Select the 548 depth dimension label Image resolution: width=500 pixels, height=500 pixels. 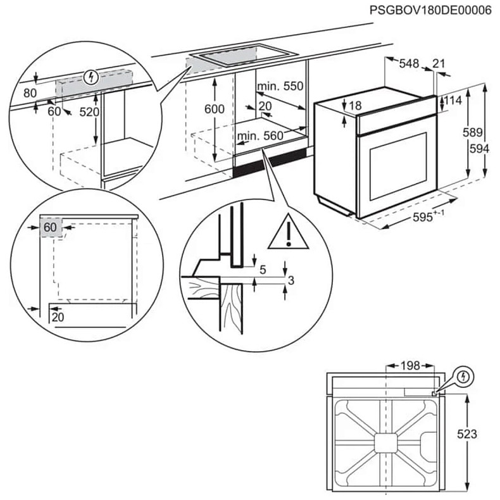[x=409, y=63]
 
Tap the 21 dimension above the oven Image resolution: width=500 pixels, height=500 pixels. [x=438, y=63]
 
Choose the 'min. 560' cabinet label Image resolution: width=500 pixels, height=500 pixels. [x=259, y=135]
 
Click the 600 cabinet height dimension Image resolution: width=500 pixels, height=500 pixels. [x=214, y=109]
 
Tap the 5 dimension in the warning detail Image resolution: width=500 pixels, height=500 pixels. [x=263, y=269]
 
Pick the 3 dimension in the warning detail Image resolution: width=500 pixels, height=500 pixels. [x=291, y=280]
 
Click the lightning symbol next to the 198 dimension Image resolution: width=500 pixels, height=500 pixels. [x=465, y=376]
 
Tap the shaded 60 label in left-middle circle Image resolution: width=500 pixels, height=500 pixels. [x=51, y=227]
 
